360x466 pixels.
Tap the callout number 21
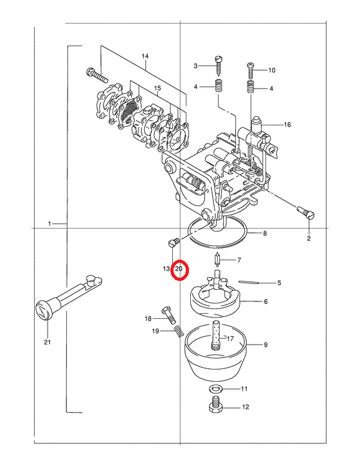point(48,342)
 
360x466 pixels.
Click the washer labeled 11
point(213,388)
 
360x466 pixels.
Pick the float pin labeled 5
point(248,282)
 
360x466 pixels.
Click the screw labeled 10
point(250,71)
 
